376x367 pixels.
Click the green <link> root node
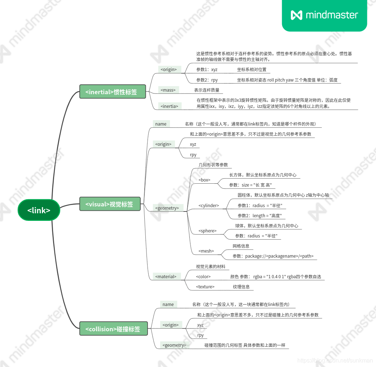point(39,210)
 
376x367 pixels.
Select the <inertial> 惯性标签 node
point(111,92)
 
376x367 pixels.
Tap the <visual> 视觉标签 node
point(109,204)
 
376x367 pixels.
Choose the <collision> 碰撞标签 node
point(113,329)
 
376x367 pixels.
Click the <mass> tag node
point(168,90)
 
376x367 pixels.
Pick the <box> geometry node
point(204,180)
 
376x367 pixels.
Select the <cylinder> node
point(209,205)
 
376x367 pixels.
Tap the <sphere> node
point(207,231)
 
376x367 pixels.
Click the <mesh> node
point(206,251)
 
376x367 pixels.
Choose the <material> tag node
point(166,276)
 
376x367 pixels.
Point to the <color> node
point(203,276)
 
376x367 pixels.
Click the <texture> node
point(205,287)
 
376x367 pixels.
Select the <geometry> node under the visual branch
point(167,208)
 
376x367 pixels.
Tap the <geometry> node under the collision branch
point(174,345)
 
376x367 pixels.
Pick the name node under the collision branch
point(168,304)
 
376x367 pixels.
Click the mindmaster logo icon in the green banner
point(296,15)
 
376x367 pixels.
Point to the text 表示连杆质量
point(206,90)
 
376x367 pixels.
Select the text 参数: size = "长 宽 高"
point(250,185)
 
